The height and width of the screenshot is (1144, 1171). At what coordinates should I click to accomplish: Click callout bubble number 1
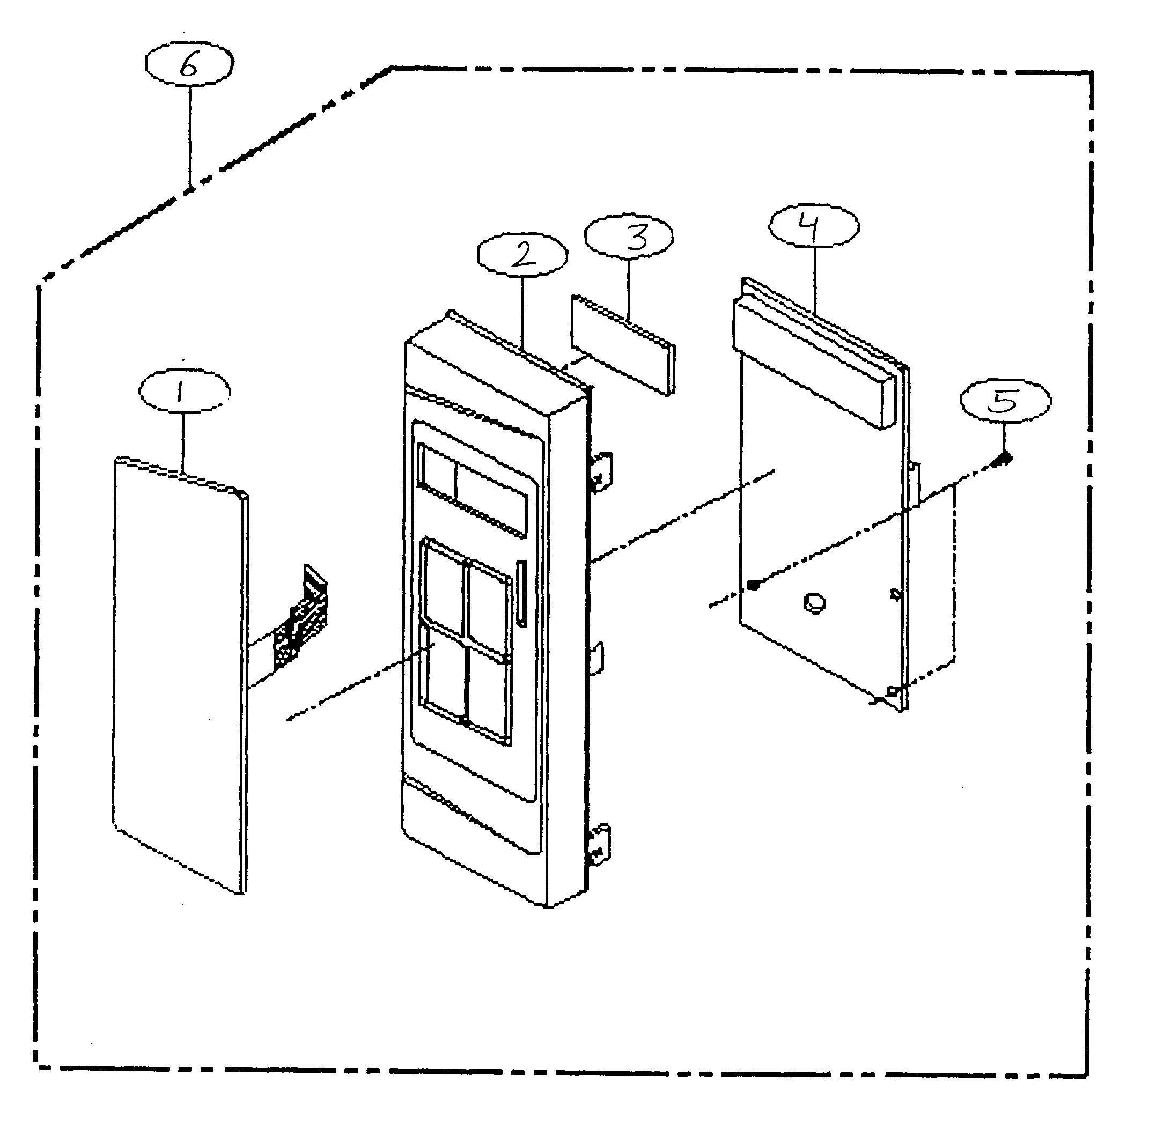tap(184, 391)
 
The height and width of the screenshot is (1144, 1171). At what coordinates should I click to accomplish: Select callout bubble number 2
tap(522, 255)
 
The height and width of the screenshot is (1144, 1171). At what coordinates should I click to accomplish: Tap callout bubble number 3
tap(629, 237)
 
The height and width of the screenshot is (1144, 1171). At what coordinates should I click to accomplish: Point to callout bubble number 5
tap(1005, 400)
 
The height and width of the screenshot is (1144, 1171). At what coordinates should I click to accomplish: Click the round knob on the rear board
tap(814, 602)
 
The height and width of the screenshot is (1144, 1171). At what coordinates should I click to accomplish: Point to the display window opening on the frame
tap(473, 490)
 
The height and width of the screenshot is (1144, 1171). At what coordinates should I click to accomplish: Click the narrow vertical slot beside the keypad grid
tap(521, 594)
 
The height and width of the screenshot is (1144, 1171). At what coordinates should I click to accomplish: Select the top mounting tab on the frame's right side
tap(601, 470)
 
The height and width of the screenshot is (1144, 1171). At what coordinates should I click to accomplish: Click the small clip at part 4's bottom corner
tap(894, 691)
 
